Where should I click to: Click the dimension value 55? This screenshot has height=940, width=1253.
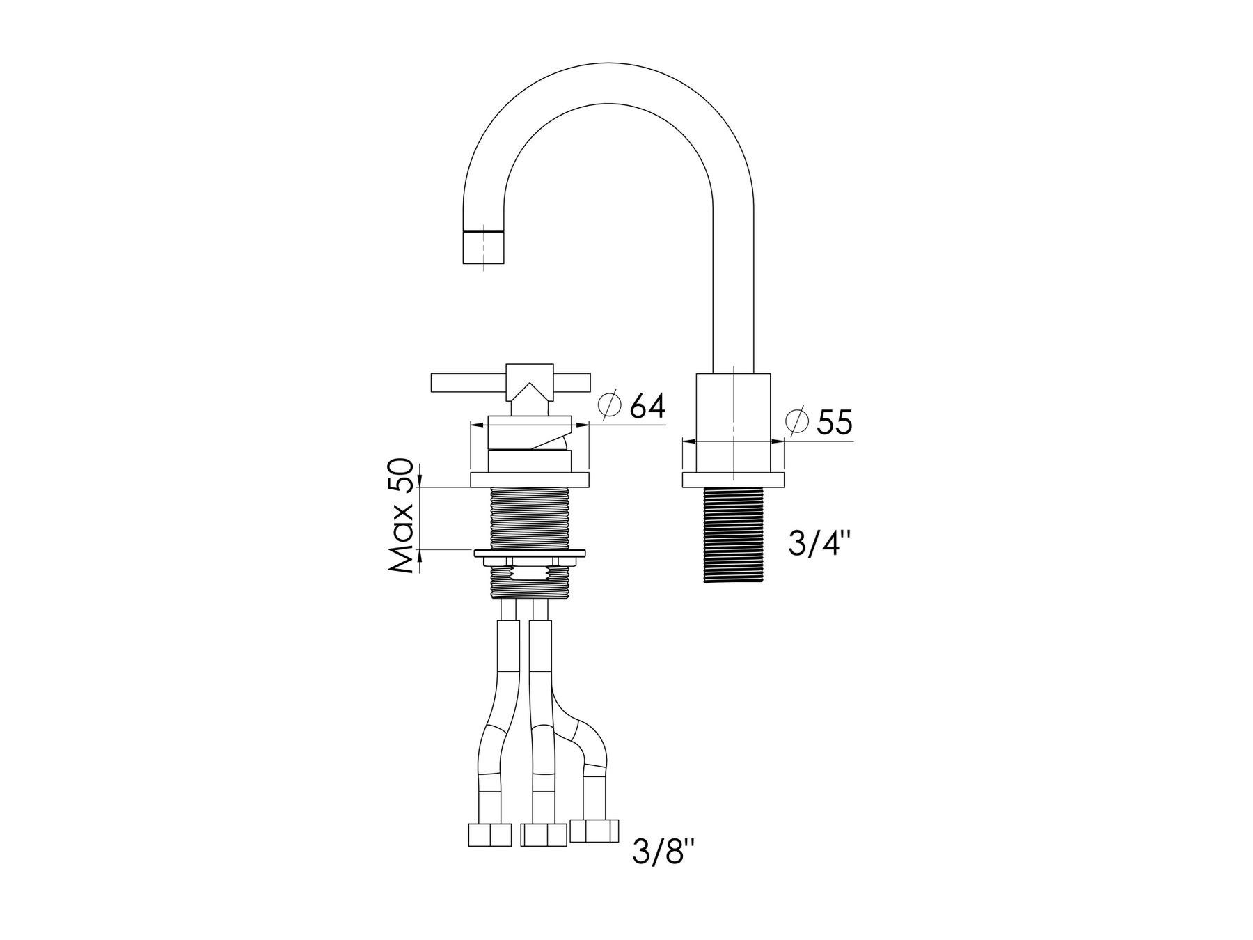[x=834, y=423]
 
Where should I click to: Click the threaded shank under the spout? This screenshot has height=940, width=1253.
[x=734, y=534]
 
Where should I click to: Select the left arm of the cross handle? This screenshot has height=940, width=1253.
[x=468, y=382]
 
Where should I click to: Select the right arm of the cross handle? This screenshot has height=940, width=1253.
[x=572, y=382]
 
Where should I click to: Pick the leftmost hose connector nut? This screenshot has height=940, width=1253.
[x=490, y=835]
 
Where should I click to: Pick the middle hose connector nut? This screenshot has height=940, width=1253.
[x=544, y=835]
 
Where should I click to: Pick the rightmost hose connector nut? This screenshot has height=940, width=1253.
[x=594, y=830]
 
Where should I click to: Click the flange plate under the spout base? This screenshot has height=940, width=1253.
[x=734, y=480]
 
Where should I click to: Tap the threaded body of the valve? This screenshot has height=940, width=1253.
[x=530, y=518]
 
